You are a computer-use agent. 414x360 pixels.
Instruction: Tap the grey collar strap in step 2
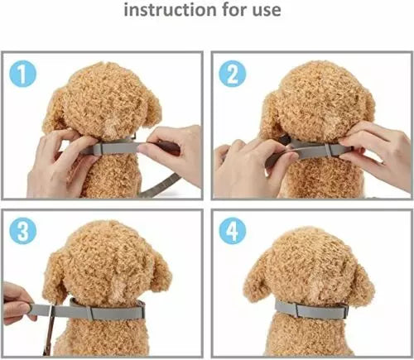(x=310, y=150)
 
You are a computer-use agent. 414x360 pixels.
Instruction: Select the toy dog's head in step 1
(x=108, y=95)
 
